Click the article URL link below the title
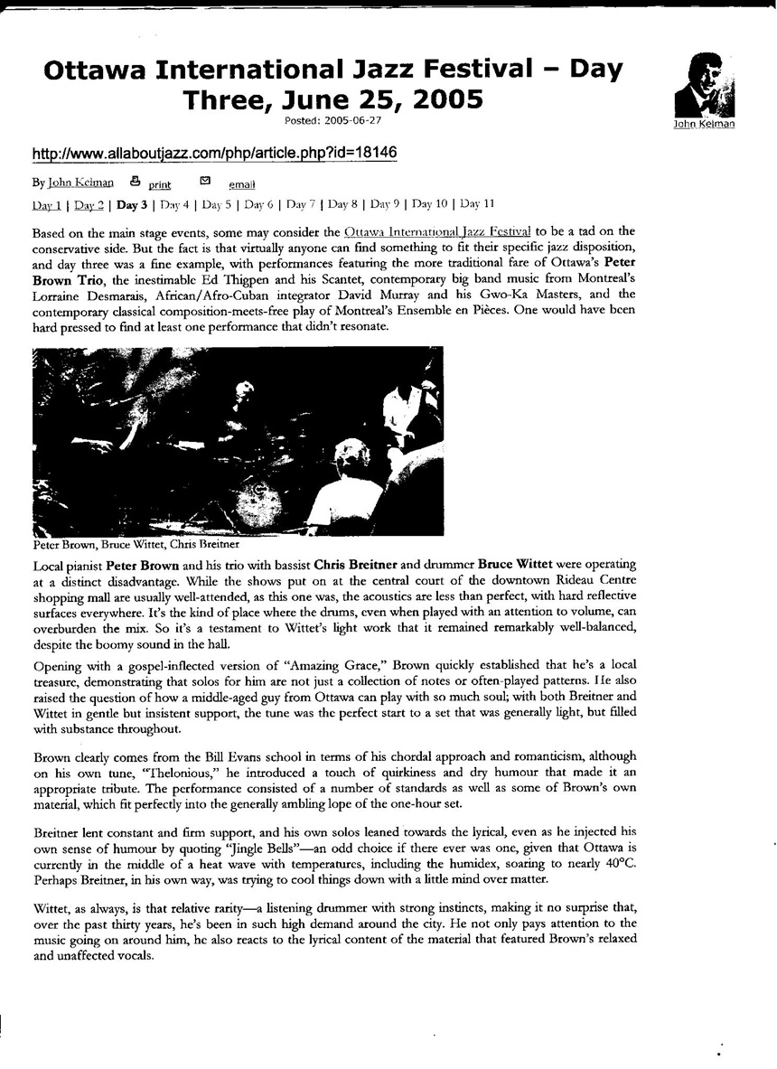click(214, 153)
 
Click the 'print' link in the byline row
click(159, 184)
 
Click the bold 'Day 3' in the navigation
click(132, 203)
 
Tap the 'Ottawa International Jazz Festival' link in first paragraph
click(438, 231)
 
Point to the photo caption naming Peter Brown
click(134, 545)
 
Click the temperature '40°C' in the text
click(615, 863)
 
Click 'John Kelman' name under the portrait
click(704, 125)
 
